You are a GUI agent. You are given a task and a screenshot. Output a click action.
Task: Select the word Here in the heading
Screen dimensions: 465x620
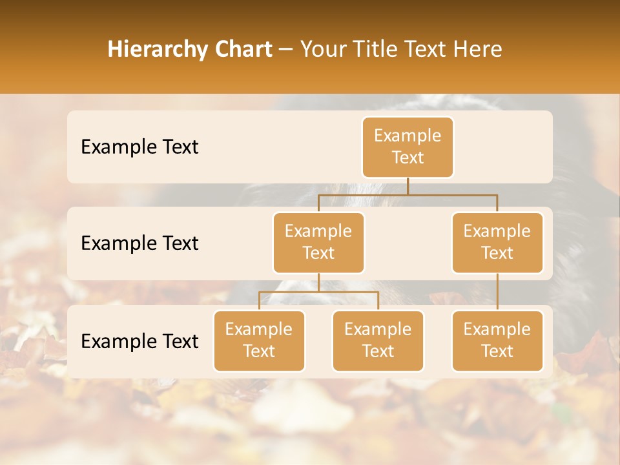[477, 49]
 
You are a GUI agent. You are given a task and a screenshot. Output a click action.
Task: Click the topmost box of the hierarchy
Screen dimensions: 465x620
[408, 147]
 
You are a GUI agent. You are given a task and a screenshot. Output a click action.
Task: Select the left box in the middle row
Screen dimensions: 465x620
[318, 242]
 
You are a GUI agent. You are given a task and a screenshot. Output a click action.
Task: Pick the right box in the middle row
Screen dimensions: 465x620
[497, 242]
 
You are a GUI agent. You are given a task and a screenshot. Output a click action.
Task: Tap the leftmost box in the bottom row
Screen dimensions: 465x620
[259, 340]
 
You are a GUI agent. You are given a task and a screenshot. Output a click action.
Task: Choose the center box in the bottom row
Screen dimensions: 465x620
[378, 340]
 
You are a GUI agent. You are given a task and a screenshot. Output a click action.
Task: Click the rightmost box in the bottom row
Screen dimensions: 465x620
[497, 340]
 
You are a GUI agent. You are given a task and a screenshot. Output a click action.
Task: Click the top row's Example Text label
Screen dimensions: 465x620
[139, 147]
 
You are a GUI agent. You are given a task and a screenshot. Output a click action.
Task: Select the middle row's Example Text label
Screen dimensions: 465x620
[139, 243]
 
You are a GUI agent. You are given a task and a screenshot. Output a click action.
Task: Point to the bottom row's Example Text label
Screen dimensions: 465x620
[139, 341]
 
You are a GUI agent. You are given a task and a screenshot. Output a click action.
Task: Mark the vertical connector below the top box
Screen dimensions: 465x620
[408, 186]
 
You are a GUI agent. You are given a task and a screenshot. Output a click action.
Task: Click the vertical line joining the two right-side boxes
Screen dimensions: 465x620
[497, 292]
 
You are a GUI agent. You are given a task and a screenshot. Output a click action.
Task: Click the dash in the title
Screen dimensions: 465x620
[286, 50]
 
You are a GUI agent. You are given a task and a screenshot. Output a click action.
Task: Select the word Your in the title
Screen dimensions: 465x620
[321, 49]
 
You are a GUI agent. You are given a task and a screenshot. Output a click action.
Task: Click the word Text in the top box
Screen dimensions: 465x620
[408, 158]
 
